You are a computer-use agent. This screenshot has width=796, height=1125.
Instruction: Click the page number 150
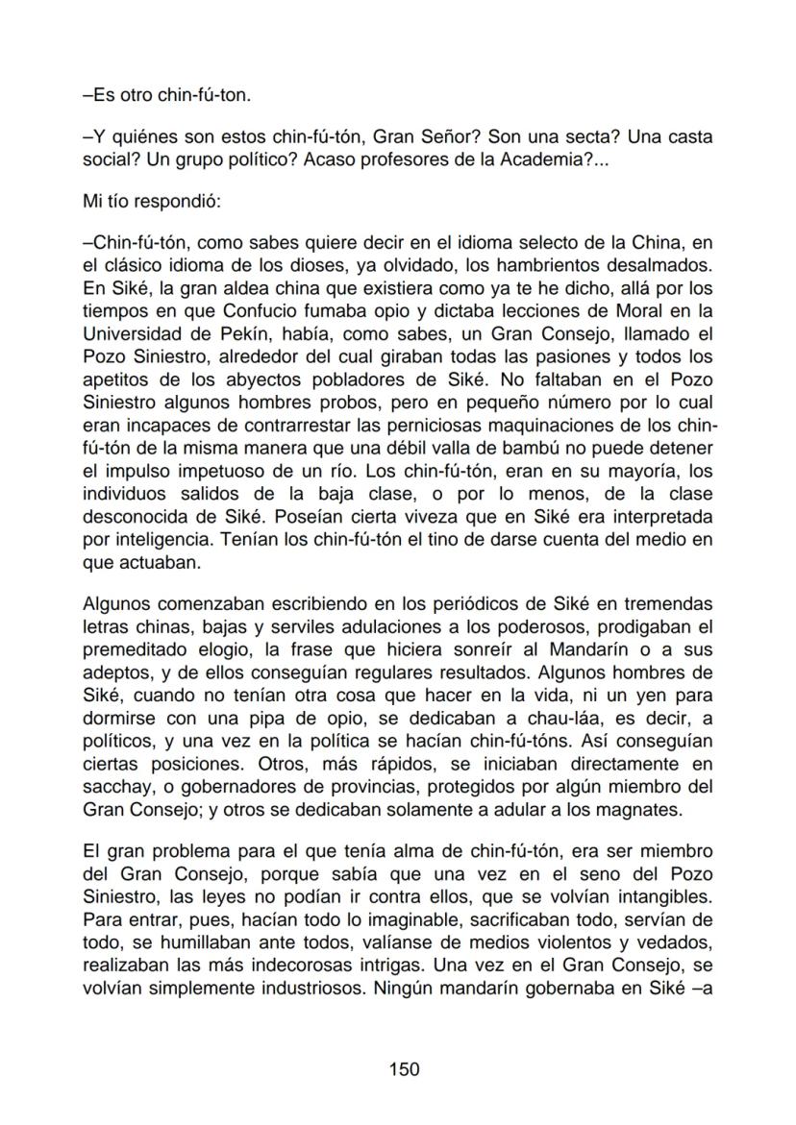404,1068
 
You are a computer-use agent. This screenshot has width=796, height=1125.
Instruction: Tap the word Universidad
134,333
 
